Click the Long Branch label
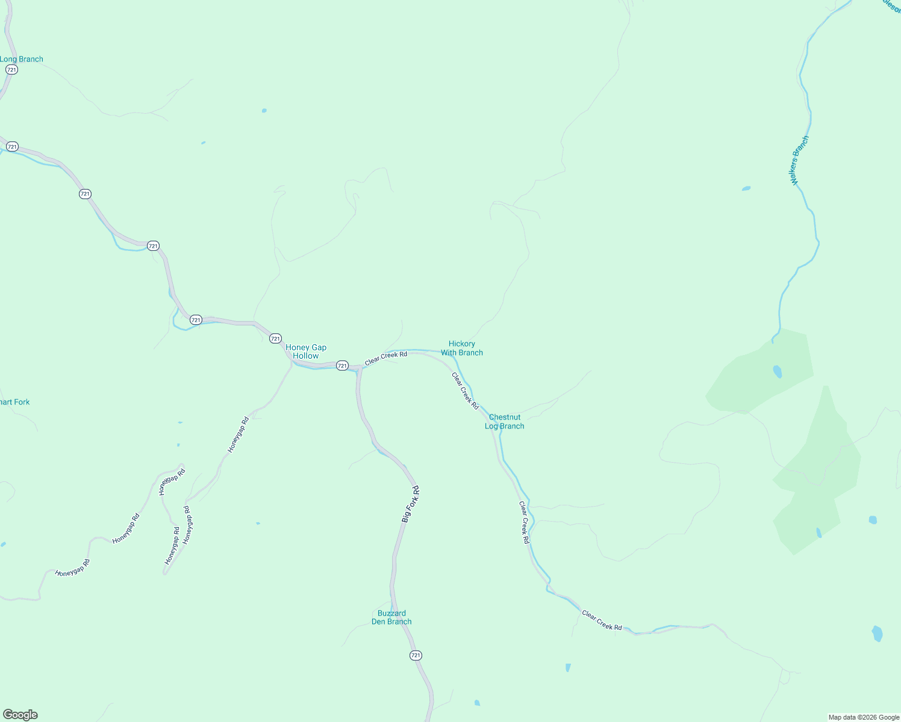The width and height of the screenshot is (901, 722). pos(22,59)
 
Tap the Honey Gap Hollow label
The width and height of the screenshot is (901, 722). pos(306,351)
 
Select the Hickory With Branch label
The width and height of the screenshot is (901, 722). pos(462,348)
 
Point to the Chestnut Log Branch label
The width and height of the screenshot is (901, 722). pos(505,421)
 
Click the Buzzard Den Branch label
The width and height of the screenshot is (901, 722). pos(391,617)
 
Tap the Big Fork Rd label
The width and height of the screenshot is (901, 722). pos(411,504)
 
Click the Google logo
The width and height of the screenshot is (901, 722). pos(20,715)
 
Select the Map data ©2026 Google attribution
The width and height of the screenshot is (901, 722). pos(864,717)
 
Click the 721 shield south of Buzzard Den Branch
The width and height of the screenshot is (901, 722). pos(416,655)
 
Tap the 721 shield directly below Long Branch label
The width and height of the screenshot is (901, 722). pos(11,70)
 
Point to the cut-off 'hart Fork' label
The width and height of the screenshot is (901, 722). pos(14,402)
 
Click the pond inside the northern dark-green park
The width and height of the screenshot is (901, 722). pos(777,371)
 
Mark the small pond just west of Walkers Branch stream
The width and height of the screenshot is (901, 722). pos(746,188)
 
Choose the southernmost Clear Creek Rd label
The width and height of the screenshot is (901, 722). pos(602,620)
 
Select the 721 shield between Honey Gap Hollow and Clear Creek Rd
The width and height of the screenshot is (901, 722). pos(342,365)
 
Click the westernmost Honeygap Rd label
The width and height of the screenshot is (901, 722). pos(72,569)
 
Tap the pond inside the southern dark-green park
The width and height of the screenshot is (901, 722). pos(818,532)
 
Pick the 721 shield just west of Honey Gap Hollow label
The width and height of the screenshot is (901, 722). pos(275,339)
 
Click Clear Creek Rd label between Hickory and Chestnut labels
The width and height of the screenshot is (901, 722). pos(465,391)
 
